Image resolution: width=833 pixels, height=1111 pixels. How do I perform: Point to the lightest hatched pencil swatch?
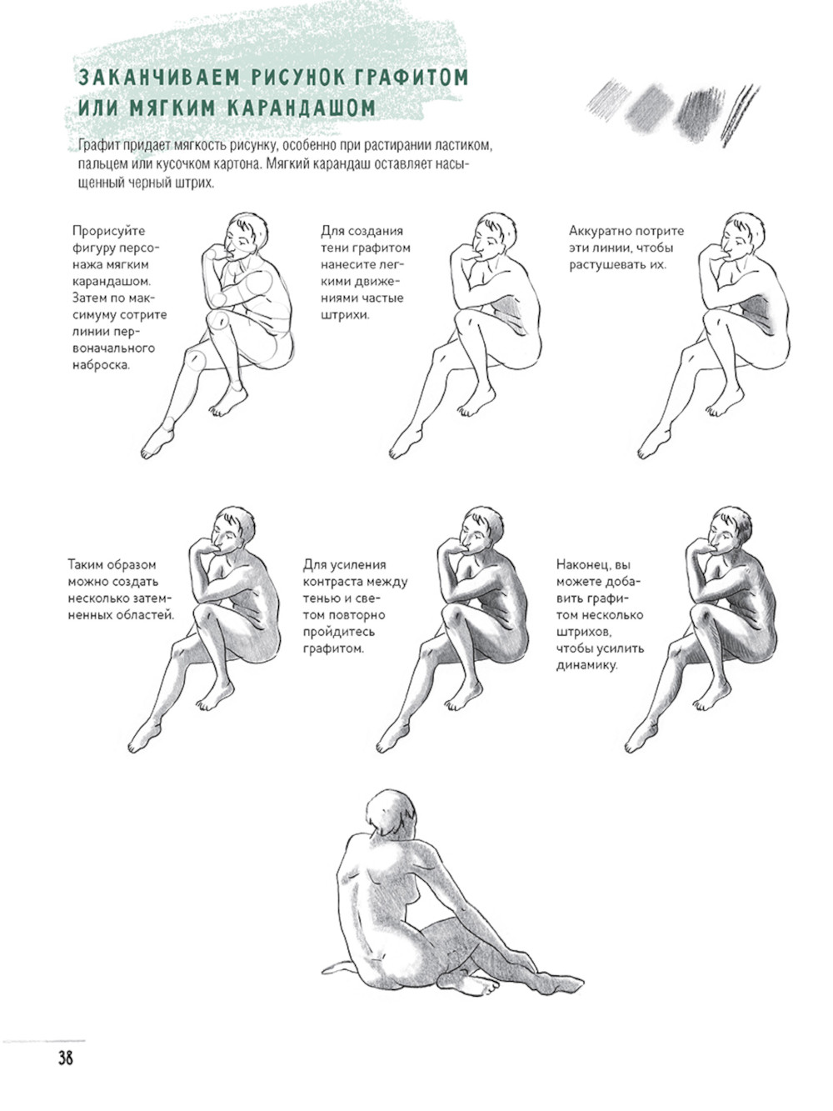(608, 100)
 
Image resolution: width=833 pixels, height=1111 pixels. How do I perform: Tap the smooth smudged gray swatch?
(650, 110)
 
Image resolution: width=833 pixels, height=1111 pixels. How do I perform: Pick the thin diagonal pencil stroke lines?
(740, 115)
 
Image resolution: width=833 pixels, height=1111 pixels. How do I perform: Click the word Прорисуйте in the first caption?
(109, 232)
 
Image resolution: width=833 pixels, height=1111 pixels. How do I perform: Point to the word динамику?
(587, 666)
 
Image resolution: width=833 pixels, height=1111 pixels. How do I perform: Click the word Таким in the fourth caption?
(86, 565)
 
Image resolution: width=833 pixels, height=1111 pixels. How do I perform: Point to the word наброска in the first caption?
(101, 365)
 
